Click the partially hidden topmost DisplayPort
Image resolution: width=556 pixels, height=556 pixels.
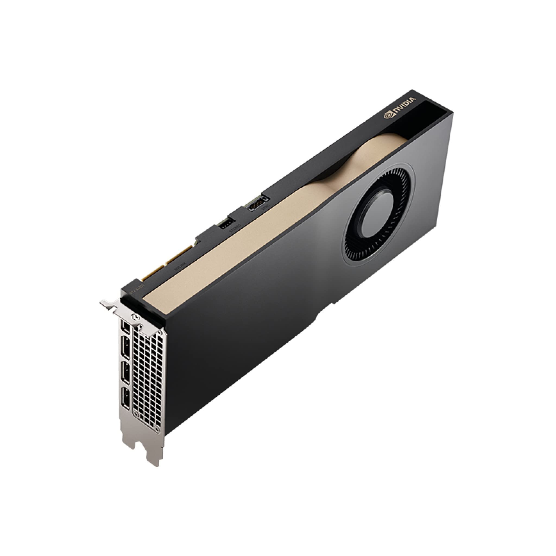pos(126,326)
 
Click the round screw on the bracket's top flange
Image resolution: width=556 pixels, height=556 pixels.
pos(134,317)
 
